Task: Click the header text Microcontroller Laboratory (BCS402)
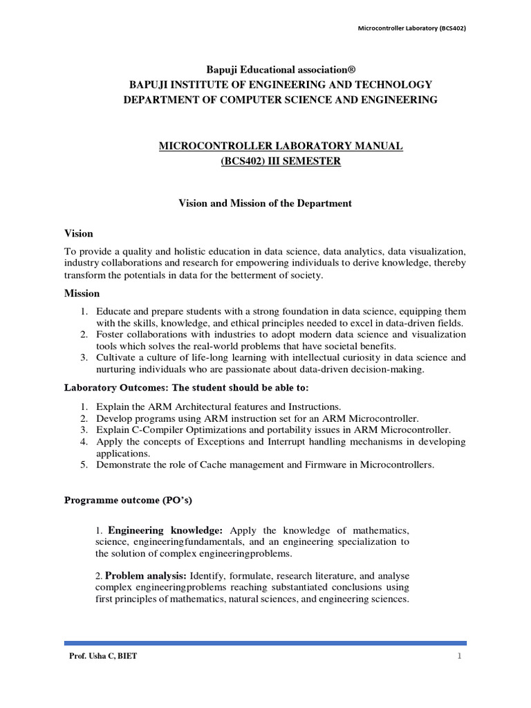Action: coord(406,28)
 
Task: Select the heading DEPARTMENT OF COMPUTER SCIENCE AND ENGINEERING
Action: coord(280,100)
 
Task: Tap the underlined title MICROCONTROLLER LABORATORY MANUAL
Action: coord(281,146)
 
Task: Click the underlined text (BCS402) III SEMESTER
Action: coord(281,161)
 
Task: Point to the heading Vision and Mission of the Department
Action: coord(265,203)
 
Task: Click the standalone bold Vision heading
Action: coord(79,234)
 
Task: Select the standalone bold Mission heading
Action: coord(82,293)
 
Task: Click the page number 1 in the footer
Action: coord(459,656)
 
